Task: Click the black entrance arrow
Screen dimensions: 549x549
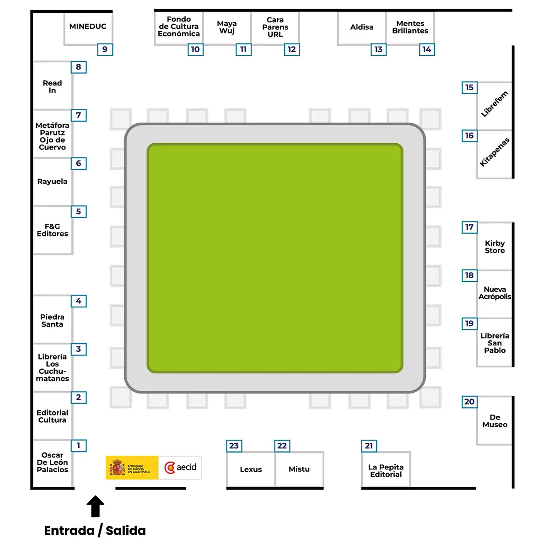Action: pos(95,506)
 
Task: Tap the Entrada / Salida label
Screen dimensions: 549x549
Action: pos(95,531)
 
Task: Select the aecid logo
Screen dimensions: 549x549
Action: pos(180,468)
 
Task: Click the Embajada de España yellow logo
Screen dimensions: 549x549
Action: pos(132,468)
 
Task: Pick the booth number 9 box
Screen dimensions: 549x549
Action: pos(105,49)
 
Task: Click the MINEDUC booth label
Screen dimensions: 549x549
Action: pos(88,26)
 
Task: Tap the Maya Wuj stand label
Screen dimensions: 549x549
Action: pos(227,27)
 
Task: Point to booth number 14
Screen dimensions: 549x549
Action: pos(427,49)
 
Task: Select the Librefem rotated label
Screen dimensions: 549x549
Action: pos(494,104)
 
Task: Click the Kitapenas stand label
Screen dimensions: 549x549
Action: pos(494,152)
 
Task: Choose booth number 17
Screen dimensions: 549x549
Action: pos(469,227)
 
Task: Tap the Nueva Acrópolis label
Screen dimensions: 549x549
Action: pos(495,293)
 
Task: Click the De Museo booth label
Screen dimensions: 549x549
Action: pos(495,421)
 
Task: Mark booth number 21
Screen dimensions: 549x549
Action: pos(369,446)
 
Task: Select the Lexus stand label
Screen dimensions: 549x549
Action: pos(251,469)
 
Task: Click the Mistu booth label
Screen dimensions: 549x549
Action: pos(299,469)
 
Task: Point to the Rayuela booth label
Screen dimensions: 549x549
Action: pos(52,182)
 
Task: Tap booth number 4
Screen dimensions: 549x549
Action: pos(78,301)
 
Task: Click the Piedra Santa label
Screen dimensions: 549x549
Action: pos(52,321)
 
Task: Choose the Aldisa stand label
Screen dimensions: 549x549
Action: pos(361,27)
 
